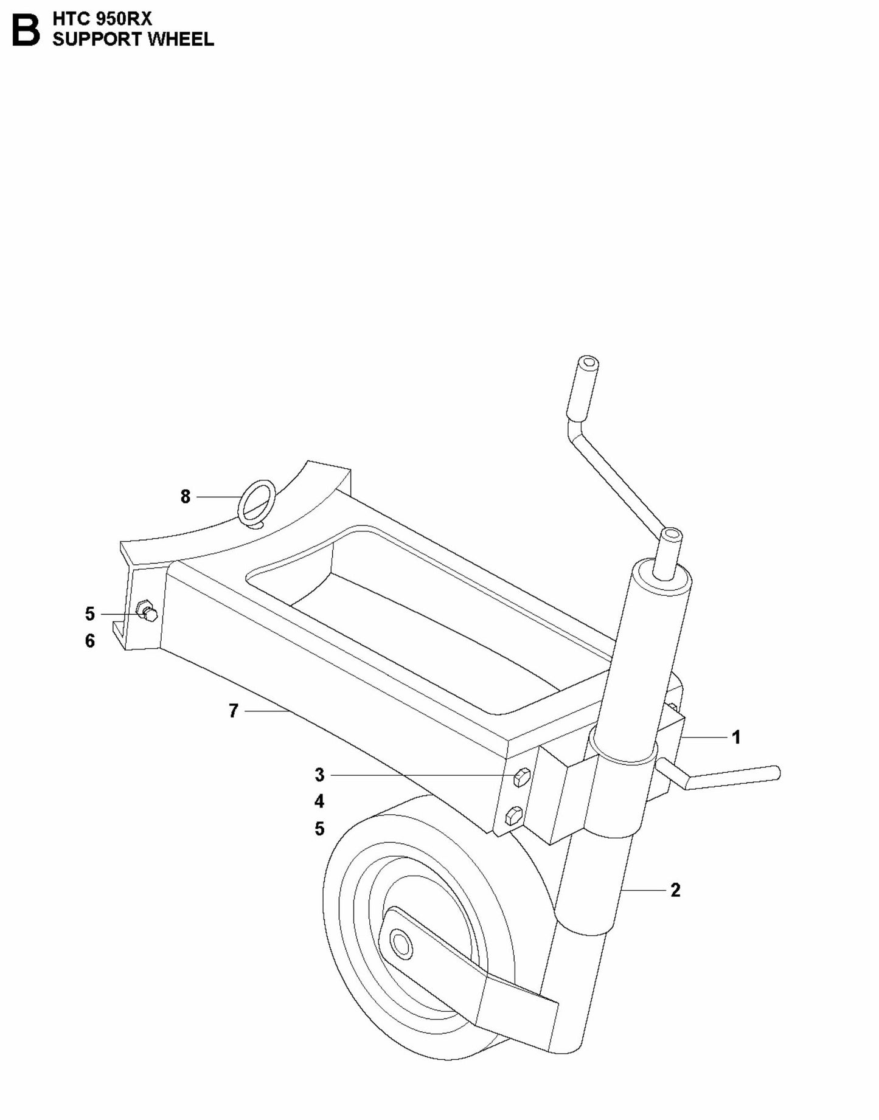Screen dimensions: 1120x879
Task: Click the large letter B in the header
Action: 26,30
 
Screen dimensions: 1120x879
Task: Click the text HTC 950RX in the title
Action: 102,19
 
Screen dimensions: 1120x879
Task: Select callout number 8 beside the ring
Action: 186,497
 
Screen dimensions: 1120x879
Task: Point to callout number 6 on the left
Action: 90,641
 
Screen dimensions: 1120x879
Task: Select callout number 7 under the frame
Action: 233,710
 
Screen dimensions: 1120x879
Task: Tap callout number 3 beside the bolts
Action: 319,775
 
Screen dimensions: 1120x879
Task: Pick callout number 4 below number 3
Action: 319,802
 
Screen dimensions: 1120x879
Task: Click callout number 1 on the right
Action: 737,738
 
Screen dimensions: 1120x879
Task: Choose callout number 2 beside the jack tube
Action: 675,890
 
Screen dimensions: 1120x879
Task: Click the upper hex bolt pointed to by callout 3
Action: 521,778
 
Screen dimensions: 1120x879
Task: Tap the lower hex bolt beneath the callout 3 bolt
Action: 514,816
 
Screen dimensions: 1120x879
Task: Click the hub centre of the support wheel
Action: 401,944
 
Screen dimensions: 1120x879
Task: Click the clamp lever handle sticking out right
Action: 730,778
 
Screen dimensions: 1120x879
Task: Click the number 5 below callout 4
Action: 319,829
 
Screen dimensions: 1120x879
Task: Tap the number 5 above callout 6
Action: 90,614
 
